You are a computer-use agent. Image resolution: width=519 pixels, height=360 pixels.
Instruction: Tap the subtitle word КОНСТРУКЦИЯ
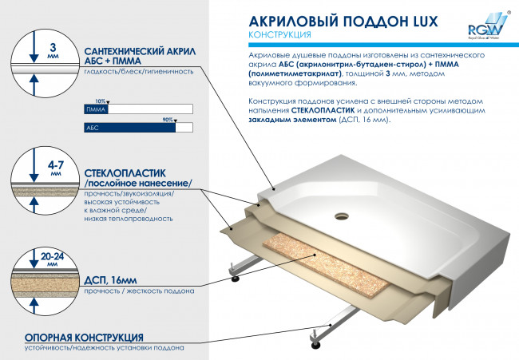tap(279, 36)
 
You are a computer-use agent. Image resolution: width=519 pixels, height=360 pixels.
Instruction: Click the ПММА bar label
tap(94, 108)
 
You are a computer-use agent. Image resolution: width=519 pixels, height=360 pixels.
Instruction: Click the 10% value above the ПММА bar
tap(100, 101)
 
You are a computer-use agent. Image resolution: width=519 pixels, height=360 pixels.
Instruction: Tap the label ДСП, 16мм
tap(110, 280)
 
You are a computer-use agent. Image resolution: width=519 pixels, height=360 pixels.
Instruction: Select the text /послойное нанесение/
tap(137, 184)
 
